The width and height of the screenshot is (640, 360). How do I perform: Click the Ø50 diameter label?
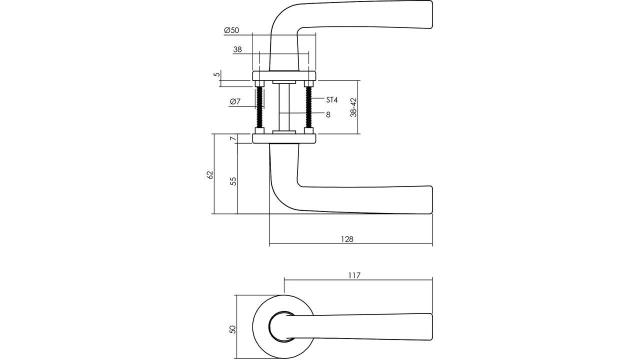[231, 30]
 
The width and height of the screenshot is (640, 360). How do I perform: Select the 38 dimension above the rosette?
[237, 49]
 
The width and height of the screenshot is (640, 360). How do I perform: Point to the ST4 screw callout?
[331, 100]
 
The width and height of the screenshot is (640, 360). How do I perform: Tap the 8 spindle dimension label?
[328, 114]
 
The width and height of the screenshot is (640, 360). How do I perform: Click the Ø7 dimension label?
[235, 101]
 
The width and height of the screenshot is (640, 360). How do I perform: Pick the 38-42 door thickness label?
[353, 107]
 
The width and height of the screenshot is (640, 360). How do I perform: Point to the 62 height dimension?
[209, 174]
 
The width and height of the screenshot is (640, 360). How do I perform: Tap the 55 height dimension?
[233, 181]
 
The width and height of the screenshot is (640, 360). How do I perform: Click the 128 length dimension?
[347, 239]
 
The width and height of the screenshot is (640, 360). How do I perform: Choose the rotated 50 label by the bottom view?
[232, 329]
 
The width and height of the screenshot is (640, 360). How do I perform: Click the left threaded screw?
[259, 107]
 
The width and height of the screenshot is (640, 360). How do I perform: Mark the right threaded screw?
[308, 107]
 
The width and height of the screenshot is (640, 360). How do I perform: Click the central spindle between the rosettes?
[283, 107]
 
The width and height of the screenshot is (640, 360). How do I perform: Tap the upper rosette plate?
[284, 75]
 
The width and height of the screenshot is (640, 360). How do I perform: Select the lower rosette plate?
[284, 138]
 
